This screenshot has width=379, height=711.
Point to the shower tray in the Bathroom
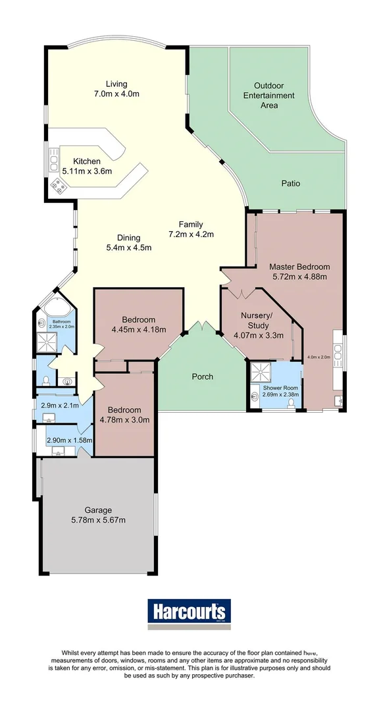(x=48, y=340)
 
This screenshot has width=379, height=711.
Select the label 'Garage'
(x=97, y=510)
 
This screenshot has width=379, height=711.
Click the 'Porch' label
(x=202, y=377)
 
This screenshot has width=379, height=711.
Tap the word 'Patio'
(x=290, y=183)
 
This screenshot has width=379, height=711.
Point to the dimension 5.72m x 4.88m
(x=299, y=276)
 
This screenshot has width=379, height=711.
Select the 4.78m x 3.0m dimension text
(x=124, y=419)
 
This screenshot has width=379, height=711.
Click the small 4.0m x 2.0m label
(x=318, y=357)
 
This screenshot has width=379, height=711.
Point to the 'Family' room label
(x=191, y=224)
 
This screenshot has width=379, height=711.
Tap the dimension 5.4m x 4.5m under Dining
(x=129, y=248)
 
